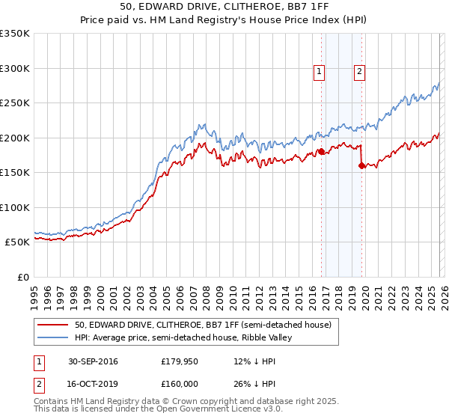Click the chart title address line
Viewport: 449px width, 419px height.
coord(224,8)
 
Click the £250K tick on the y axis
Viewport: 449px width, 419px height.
coord(15,103)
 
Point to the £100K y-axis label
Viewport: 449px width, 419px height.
coord(15,207)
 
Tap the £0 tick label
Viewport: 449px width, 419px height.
coord(22,277)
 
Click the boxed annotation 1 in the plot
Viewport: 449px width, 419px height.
coord(319,72)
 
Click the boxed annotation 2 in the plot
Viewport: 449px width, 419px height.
coord(359,72)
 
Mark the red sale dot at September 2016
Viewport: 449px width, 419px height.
coord(321,152)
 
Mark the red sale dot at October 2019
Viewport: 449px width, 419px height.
coord(361,165)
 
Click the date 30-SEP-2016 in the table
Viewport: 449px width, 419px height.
coord(93,361)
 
